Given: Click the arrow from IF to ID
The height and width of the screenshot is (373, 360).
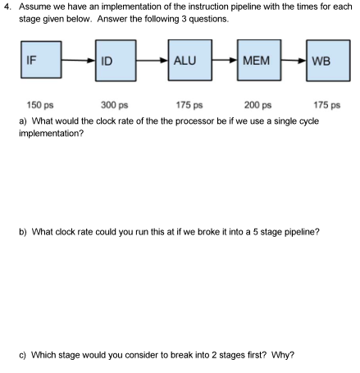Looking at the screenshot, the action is tap(80, 60).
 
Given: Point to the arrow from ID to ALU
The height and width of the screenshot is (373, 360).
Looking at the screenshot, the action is tap(155, 60).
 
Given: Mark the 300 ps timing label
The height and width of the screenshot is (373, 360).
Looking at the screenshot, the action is tap(114, 104).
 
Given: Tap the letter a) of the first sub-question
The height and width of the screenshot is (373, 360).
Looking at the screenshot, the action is tap(22, 120).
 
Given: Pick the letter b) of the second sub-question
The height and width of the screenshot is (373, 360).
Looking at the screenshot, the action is tap(22, 231).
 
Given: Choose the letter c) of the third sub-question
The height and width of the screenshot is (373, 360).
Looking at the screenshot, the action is tap(22, 354).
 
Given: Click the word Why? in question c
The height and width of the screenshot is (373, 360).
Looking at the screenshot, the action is tap(284, 354).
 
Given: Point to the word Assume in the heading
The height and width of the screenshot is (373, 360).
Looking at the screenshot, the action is tap(34, 7).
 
